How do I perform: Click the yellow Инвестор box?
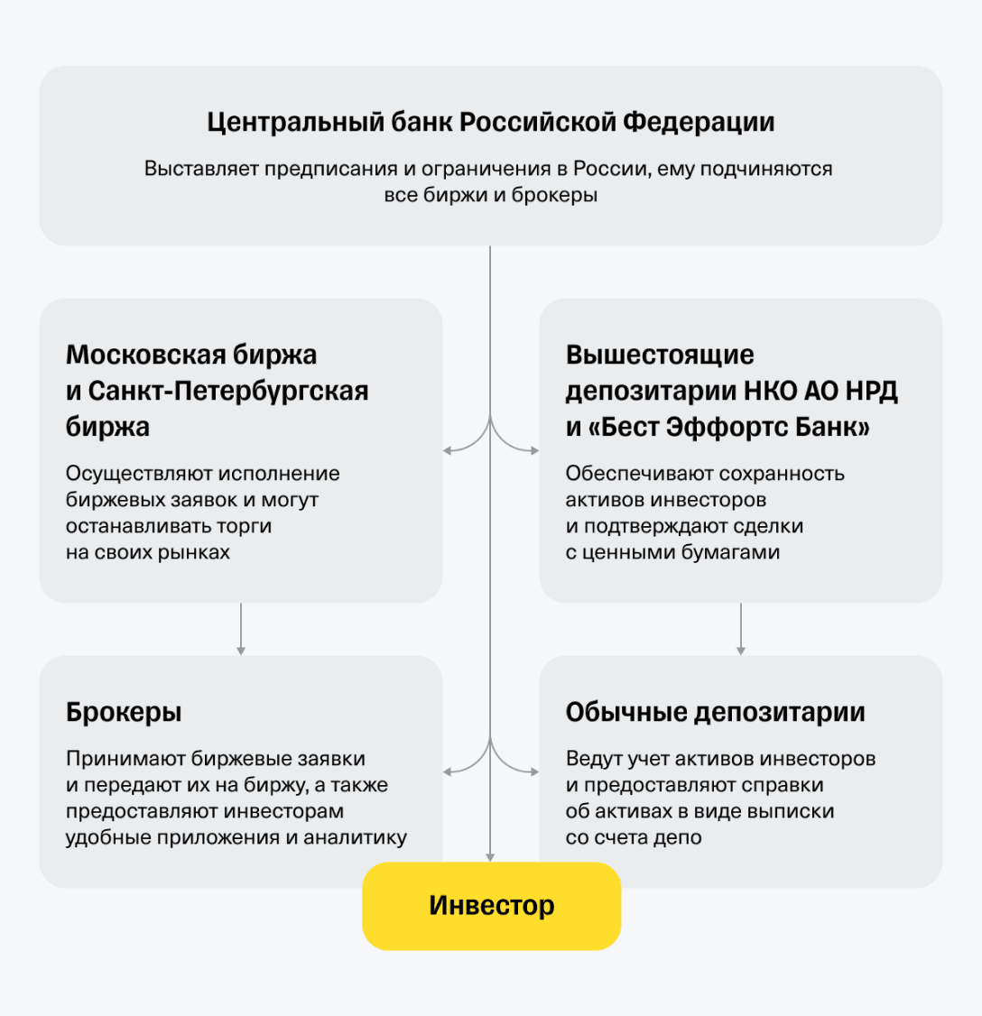click(x=491, y=906)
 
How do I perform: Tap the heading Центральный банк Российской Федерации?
click(x=490, y=122)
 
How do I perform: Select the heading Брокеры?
click(x=124, y=712)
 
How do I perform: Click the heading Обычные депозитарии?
click(x=715, y=712)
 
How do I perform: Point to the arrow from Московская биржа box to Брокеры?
click(x=241, y=629)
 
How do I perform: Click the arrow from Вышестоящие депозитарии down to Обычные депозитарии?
click(x=741, y=629)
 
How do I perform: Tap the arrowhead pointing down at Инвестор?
click(x=490, y=856)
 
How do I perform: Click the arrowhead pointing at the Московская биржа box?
click(x=447, y=449)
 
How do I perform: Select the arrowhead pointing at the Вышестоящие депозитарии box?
click(x=534, y=449)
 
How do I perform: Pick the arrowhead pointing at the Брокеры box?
click(x=447, y=771)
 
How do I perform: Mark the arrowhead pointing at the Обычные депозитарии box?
click(x=534, y=771)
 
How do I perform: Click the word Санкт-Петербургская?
click(x=228, y=392)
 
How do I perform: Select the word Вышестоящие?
click(x=660, y=355)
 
